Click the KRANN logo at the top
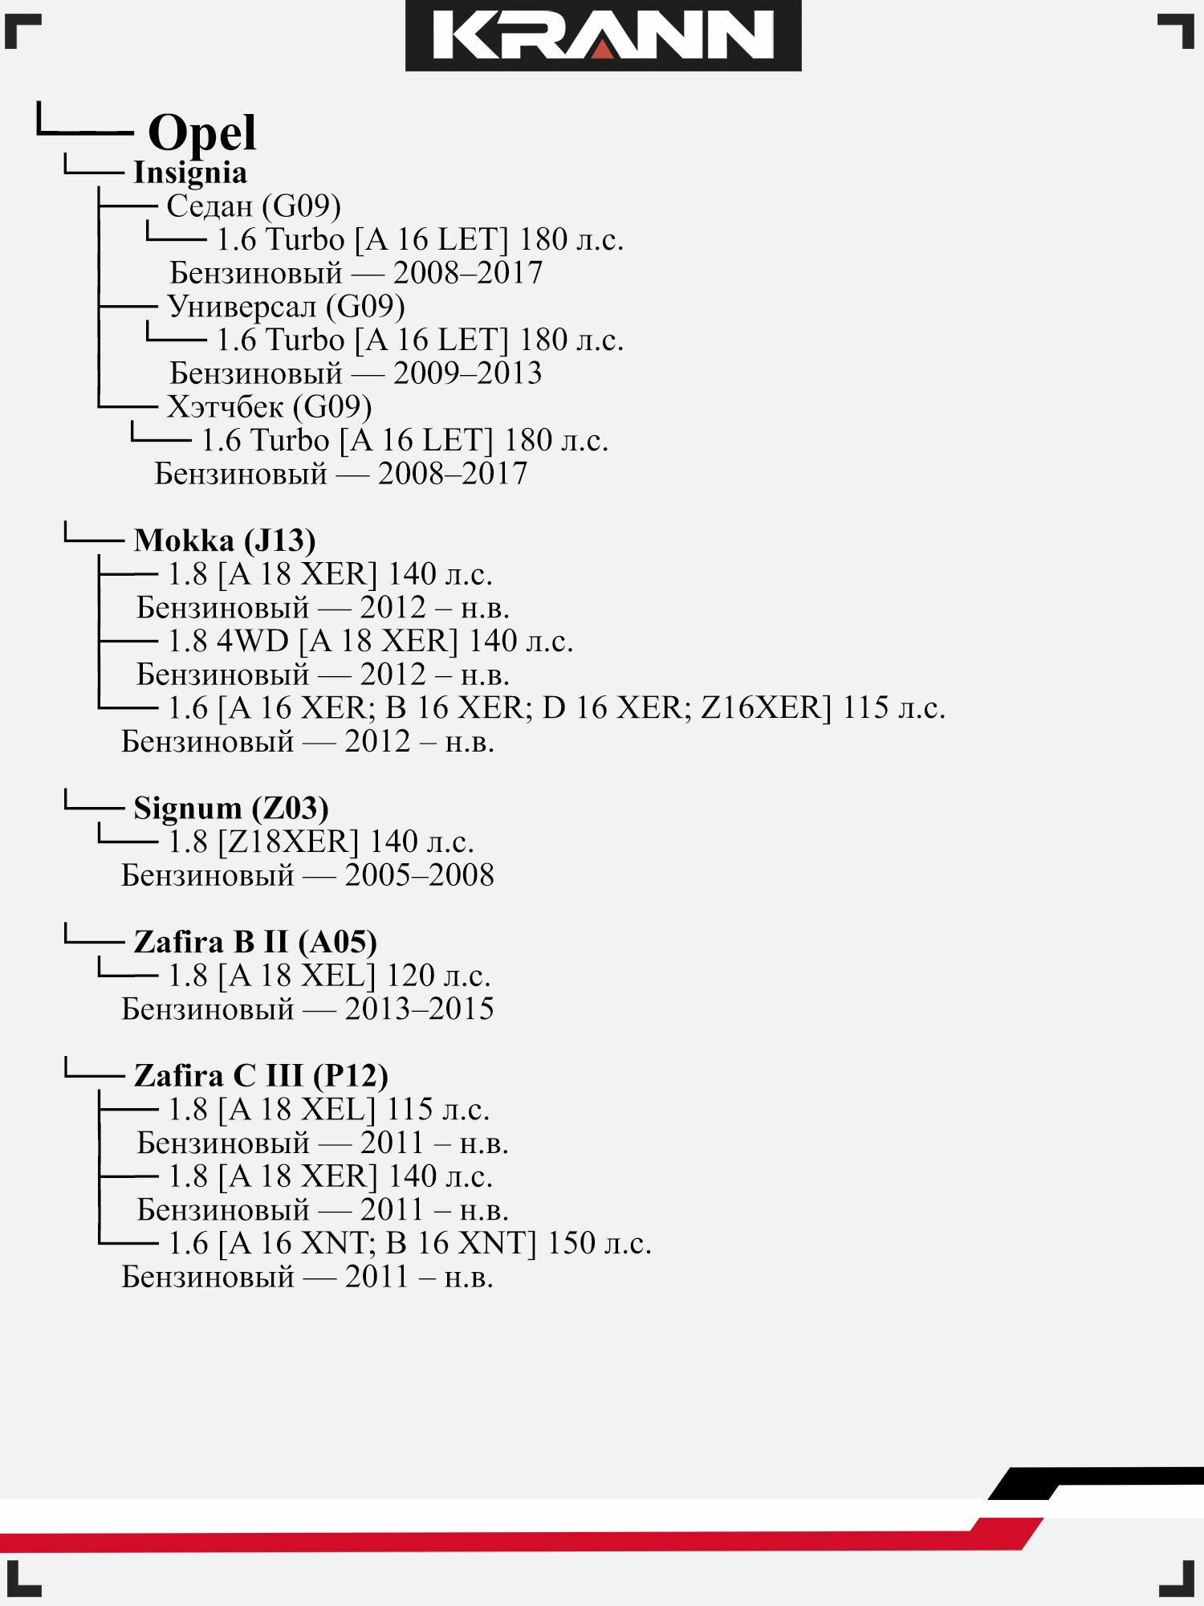(603, 36)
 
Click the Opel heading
(202, 132)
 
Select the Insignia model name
(190, 173)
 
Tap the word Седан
(209, 206)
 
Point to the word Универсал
(242, 307)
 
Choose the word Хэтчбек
(225, 407)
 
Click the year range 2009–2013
(468, 373)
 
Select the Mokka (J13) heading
(225, 540)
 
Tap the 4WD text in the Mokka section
(252, 642)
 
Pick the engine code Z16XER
(765, 708)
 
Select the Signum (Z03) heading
(231, 809)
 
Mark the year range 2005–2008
(420, 875)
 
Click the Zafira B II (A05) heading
(255, 942)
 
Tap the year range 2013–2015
(420, 1009)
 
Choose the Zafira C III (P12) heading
(261, 1076)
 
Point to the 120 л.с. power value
(438, 976)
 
